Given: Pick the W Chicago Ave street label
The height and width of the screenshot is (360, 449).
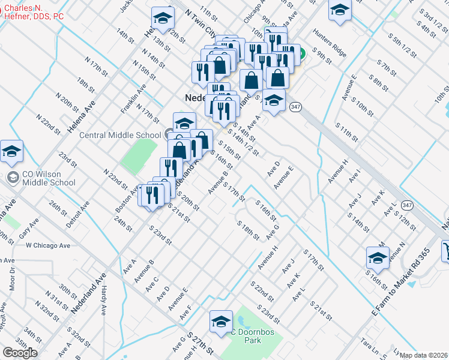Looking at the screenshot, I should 48,245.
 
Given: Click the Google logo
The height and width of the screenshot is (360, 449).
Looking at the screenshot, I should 20,353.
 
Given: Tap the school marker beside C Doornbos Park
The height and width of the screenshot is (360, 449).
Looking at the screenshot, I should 221,322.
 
